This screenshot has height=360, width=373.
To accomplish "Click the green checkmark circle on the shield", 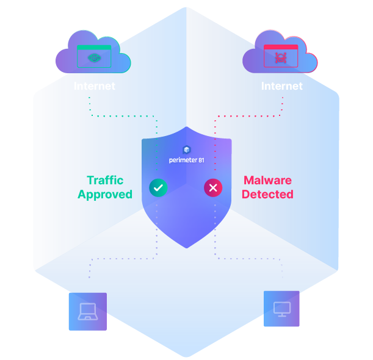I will (158, 188).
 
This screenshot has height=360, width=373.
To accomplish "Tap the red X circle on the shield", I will (212, 188).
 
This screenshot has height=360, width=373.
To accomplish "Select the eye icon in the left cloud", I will (94, 58).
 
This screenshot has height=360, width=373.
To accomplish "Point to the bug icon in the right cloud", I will (280, 58).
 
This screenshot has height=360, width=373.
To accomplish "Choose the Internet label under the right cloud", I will (281, 86).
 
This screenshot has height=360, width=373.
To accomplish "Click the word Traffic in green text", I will (105, 181).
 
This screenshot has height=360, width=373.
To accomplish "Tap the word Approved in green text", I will (105, 195).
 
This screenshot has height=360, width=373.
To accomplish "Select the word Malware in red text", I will (267, 181).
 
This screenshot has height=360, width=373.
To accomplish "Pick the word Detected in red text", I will (267, 195).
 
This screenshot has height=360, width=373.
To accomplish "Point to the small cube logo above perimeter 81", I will (187, 149).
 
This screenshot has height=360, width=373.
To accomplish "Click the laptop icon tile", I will (87, 311).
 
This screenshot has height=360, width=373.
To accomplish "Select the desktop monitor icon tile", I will (281, 309).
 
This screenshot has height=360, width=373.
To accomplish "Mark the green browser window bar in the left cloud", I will (94, 47).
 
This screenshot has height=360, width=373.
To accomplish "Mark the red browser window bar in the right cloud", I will (280, 47).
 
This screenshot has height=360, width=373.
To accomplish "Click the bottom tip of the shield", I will (186, 247).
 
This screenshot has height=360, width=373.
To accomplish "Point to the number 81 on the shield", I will (201, 160).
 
